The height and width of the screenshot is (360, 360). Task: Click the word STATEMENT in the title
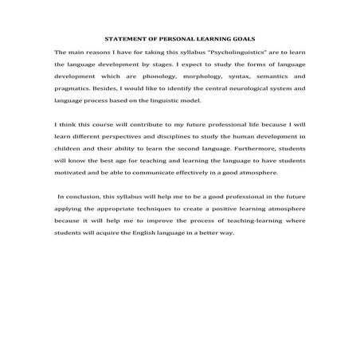[x=123, y=38]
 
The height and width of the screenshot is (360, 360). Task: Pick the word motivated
[x=73, y=171]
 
